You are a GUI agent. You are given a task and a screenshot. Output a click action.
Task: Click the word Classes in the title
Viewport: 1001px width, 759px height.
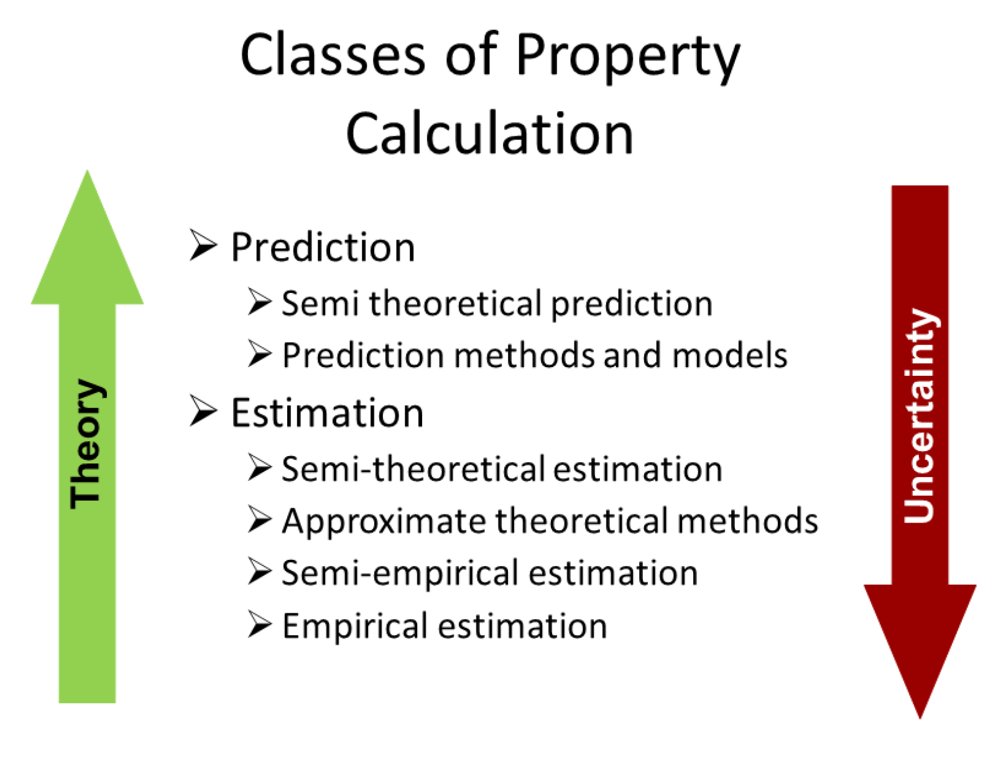[333, 55]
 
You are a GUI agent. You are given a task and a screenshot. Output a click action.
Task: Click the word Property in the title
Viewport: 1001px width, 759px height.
[628, 58]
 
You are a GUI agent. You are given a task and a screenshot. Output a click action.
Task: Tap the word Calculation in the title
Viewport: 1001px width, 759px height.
[489, 133]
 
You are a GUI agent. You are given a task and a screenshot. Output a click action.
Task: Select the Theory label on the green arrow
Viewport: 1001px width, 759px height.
[86, 444]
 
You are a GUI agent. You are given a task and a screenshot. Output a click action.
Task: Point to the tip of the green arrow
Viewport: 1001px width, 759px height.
[87, 170]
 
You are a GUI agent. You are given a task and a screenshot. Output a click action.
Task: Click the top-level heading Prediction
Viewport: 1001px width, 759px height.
[323, 247]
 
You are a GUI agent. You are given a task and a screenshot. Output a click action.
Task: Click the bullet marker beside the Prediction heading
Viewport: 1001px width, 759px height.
[203, 245]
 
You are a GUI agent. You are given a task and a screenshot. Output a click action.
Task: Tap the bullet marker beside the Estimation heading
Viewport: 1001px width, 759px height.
[203, 411]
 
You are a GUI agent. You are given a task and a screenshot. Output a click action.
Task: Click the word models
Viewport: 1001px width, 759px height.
[730, 355]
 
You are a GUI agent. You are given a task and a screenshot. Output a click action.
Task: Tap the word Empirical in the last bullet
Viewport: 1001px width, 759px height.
[355, 626]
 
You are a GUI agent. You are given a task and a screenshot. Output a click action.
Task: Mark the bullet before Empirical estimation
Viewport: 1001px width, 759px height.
[260, 623]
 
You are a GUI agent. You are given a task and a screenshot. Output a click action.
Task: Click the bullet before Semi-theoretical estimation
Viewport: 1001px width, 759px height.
[260, 467]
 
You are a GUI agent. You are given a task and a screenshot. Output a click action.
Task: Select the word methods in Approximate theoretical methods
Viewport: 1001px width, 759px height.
[747, 521]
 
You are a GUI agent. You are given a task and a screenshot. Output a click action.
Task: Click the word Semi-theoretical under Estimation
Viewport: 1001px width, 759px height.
[413, 468]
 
